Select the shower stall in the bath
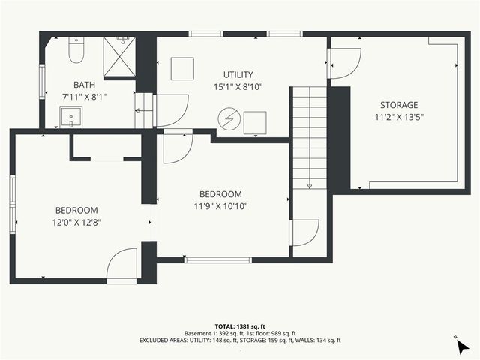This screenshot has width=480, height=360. coord(119,55)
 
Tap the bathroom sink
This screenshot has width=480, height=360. coord(72,117)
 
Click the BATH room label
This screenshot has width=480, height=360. coord(84,85)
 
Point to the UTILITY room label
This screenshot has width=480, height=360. coord(238,74)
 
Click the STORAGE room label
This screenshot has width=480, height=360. coord(398,105)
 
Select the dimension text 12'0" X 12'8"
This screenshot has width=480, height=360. coord(76,222)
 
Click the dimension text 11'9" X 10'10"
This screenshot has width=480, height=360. coord(220,205)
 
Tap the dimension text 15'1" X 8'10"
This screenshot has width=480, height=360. coord(238,87)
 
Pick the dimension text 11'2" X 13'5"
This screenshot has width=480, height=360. coord(398,117)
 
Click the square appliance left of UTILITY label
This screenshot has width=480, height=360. coord(181,69)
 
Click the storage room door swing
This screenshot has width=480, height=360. coord(345,64)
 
